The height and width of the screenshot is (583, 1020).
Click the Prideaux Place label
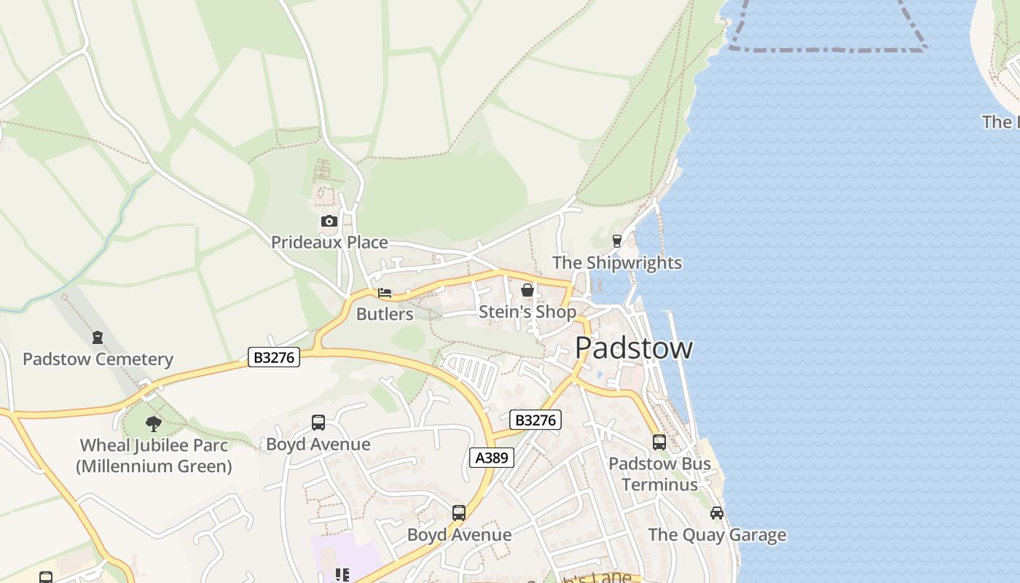[x=329, y=242]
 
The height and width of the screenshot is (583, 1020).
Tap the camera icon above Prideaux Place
[x=329, y=221]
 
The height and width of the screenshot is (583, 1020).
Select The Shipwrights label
[x=617, y=262]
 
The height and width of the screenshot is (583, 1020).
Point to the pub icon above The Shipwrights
[x=617, y=241]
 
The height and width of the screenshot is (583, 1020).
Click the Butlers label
[x=385, y=314]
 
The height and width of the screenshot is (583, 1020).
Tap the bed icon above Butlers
[x=385, y=293]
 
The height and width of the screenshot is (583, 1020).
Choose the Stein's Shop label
[x=527, y=312]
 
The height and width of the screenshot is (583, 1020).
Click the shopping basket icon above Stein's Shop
[x=527, y=291]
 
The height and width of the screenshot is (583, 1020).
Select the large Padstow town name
[x=633, y=348]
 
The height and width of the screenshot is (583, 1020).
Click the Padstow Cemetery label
[x=98, y=359]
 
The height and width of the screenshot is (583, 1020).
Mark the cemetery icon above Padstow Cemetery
[x=98, y=337]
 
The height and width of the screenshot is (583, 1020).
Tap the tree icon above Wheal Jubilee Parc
[x=153, y=423]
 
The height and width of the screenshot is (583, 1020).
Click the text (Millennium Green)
[x=154, y=466]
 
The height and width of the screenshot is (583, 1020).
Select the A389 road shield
[x=492, y=458]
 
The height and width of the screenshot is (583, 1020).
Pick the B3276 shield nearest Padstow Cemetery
[x=274, y=357]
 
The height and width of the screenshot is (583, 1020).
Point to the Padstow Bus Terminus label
[x=659, y=474]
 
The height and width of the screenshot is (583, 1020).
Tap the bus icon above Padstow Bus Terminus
[x=659, y=442]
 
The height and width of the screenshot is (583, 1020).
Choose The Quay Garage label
[x=717, y=535]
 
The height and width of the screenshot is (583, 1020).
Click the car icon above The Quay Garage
[x=717, y=513]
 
